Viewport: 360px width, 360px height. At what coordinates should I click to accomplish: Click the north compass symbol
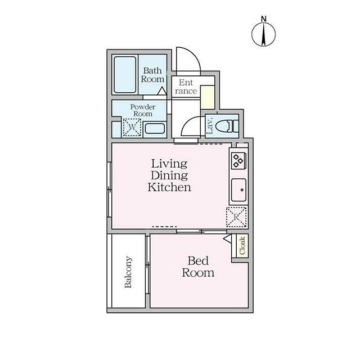pyautogui.click(x=263, y=33)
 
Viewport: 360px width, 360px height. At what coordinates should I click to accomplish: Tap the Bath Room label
pyautogui.click(x=152, y=75)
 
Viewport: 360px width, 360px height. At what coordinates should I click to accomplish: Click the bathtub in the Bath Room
pyautogui.click(x=124, y=75)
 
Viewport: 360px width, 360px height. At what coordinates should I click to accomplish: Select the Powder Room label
pyautogui.click(x=141, y=110)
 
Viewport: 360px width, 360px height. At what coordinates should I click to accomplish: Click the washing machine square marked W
pyautogui.click(x=131, y=128)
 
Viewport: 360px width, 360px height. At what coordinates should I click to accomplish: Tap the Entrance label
pyautogui.click(x=186, y=87)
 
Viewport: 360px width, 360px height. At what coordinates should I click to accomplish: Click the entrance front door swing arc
pyautogui.click(x=186, y=58)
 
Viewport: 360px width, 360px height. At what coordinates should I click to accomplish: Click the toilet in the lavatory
pyautogui.click(x=228, y=124)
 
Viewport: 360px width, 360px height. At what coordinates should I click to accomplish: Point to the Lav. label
pyautogui.click(x=209, y=124)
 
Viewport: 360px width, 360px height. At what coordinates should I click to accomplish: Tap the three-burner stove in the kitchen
pyautogui.click(x=237, y=160)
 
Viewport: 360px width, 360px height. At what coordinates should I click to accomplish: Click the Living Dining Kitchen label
pyautogui.click(x=169, y=175)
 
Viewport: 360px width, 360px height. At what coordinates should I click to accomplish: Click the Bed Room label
pyautogui.click(x=198, y=267)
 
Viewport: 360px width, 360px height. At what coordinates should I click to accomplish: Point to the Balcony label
pyautogui.click(x=128, y=272)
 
